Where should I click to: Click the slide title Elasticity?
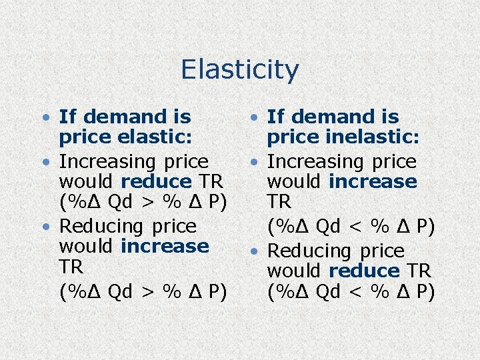pos(239,69)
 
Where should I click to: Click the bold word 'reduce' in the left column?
pos(156,181)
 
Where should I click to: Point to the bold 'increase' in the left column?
pos(165,246)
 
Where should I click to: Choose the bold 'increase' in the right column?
pos(373,181)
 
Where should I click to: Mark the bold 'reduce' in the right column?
pos(364,271)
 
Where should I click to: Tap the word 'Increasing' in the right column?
pos(315,162)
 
